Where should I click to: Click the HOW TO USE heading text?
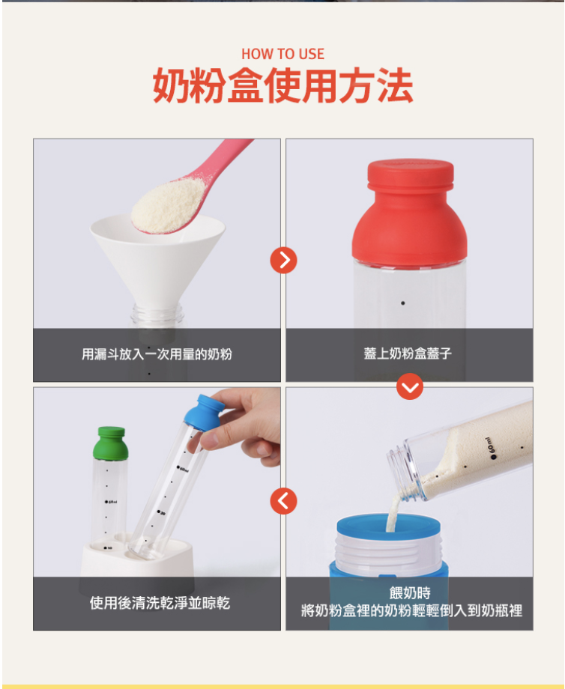(282, 54)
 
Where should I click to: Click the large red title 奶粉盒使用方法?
(282, 85)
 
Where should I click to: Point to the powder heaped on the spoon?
(169, 204)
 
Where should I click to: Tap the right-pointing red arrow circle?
(283, 260)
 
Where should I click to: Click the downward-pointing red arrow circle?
(410, 386)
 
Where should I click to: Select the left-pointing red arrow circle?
(283, 501)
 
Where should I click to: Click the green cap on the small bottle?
(110, 443)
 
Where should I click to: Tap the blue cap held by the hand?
(204, 410)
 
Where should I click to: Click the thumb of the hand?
(207, 440)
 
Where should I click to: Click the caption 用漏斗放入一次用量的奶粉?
(157, 354)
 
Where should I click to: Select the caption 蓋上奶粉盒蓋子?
(408, 353)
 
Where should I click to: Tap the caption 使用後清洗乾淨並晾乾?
(160, 603)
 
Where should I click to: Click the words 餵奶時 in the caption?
(410, 593)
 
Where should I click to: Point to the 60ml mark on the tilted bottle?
(491, 449)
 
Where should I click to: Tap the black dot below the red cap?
(402, 303)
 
